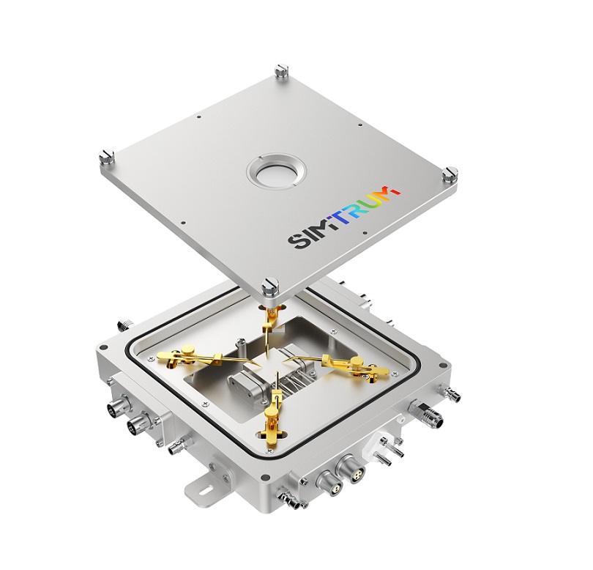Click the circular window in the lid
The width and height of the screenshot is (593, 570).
tap(277, 174)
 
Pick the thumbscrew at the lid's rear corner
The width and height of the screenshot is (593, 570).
tap(282, 71)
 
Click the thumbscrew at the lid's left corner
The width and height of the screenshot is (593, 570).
tap(107, 158)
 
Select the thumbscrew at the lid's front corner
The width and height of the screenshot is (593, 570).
tap(270, 287)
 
